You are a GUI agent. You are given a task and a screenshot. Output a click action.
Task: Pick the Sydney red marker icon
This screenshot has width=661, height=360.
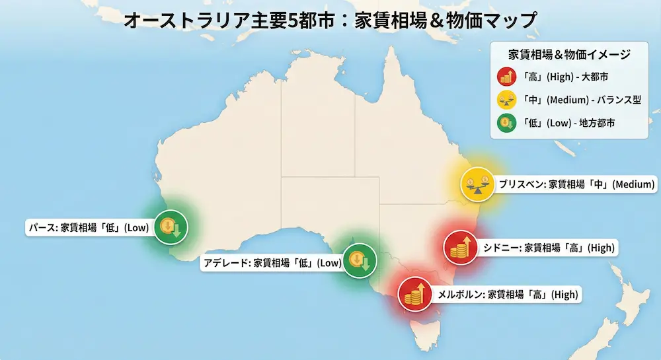click(460, 247)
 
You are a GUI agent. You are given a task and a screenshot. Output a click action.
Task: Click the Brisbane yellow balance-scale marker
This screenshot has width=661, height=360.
click(478, 184)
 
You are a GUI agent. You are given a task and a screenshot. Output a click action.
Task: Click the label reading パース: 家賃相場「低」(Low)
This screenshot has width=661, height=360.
click(88, 229)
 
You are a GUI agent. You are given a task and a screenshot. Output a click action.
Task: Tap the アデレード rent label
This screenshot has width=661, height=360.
click(272, 263)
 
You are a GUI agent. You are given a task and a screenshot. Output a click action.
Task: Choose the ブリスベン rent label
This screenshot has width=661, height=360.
click(576, 184)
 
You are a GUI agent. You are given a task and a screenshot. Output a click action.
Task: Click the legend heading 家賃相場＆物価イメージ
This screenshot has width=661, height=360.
click(569, 54)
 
